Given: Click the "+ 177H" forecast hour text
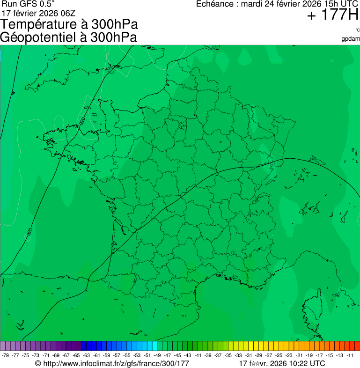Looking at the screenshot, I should (332, 15).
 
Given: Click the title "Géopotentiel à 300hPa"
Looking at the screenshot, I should (68, 37).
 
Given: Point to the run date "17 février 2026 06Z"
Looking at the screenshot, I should (38, 13).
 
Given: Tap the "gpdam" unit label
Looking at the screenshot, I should (351, 38).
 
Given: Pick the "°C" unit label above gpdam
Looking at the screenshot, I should (357, 30).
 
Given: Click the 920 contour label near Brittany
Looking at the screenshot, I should (82, 120).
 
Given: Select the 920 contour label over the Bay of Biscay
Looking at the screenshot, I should (29, 232).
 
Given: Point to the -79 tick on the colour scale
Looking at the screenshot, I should (6, 355).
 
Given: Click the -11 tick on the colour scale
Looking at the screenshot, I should (350, 355).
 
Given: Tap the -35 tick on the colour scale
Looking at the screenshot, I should (228, 355).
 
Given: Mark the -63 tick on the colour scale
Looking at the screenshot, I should (86, 355).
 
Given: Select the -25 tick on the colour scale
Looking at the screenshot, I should (279, 355).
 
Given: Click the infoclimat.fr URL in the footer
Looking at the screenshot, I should (116, 363).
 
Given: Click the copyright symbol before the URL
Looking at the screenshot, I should (38, 363).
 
